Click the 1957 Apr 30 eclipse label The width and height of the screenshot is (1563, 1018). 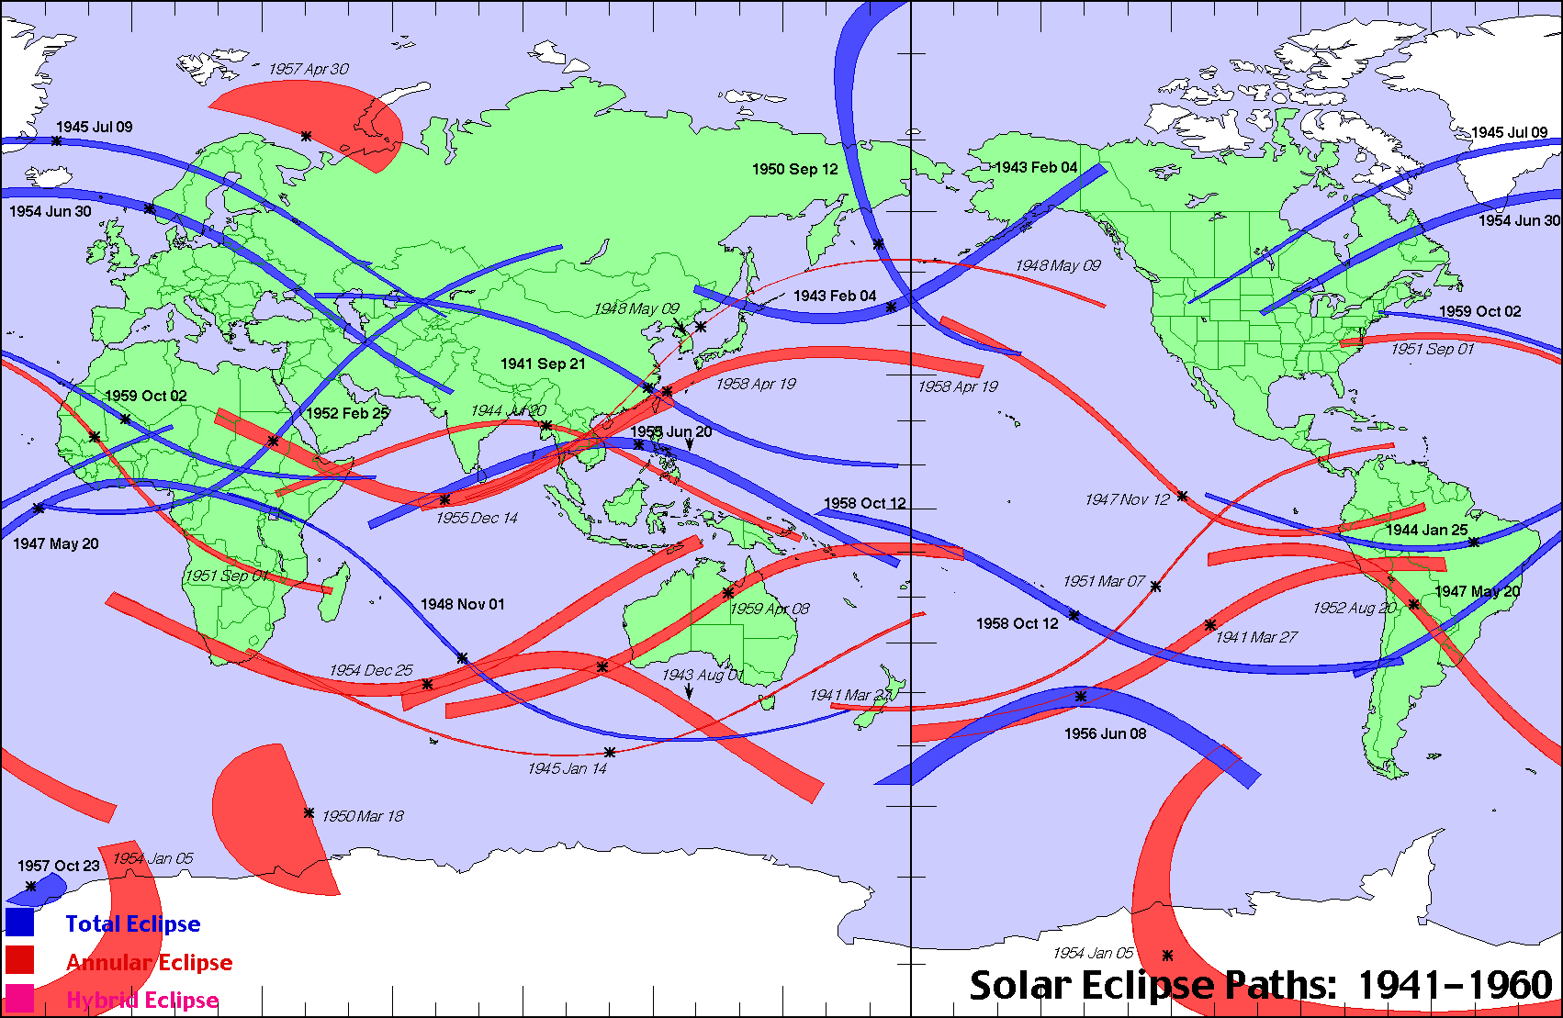click(309, 69)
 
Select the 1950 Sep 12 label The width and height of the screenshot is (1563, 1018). click(794, 169)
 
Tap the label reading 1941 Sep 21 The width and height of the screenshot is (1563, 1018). click(543, 364)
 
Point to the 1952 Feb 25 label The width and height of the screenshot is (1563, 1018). click(347, 413)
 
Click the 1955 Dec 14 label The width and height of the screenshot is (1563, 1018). click(477, 518)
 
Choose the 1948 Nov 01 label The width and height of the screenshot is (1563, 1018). click(462, 604)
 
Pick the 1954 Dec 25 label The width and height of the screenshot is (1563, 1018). click(371, 670)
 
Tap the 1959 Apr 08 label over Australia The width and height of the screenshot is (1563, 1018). click(770, 609)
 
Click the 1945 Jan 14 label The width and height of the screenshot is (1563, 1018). click(567, 768)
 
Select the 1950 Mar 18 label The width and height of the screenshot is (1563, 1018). click(362, 816)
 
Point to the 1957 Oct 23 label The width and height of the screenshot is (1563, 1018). click(59, 866)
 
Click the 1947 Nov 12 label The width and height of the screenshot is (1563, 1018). click(1127, 499)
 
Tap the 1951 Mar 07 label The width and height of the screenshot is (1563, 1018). click(1104, 581)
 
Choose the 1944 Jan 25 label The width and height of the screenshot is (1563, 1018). click(1426, 530)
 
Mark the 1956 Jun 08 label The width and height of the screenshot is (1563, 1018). click(1105, 733)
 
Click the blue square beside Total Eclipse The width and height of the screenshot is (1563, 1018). click(19, 922)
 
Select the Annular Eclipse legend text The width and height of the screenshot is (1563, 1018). click(150, 962)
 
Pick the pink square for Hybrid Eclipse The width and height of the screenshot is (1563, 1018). click(19, 999)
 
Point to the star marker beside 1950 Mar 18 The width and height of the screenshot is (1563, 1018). click(309, 813)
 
